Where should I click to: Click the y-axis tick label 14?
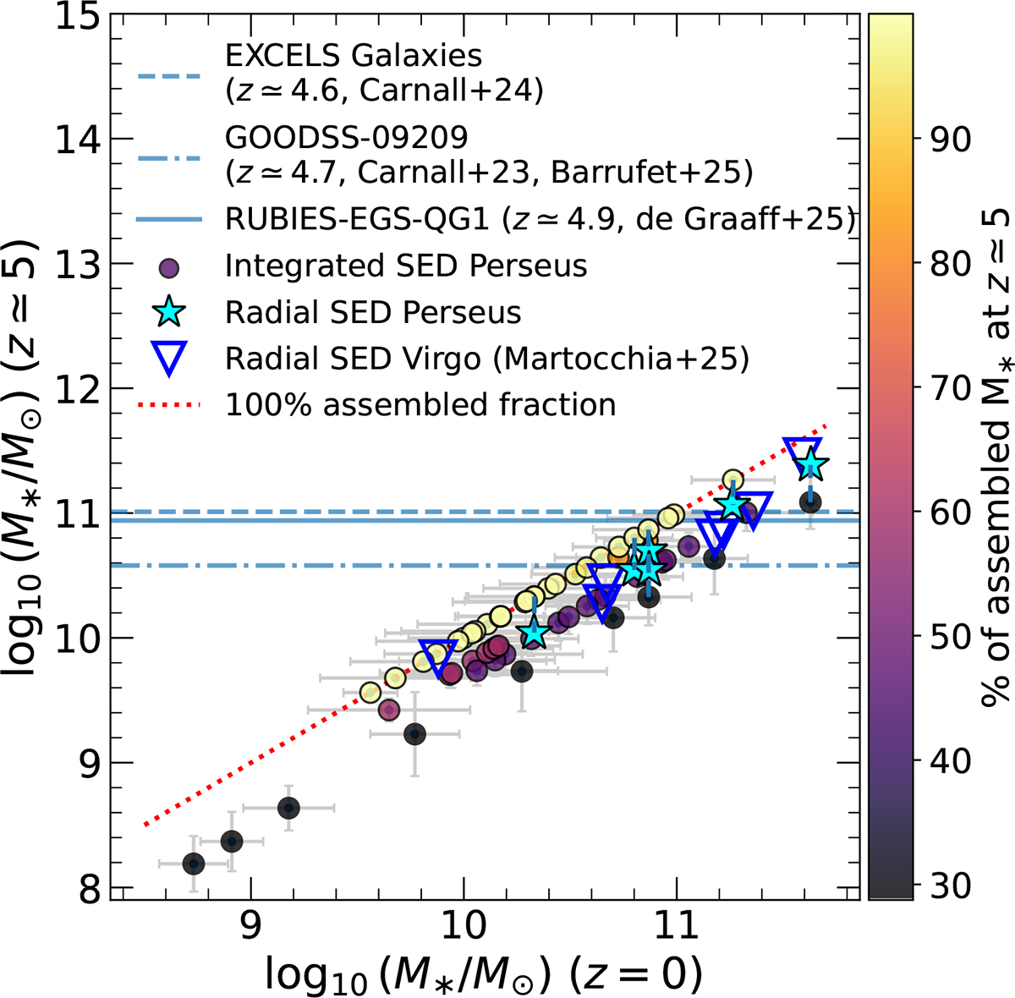click(x=75, y=139)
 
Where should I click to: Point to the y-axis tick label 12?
click(x=75, y=388)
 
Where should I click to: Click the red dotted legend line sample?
click(x=169, y=405)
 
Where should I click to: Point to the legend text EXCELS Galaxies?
click(x=354, y=56)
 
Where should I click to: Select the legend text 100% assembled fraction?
click(x=420, y=405)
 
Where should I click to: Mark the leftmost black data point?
click(x=194, y=864)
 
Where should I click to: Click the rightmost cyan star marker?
click(x=810, y=463)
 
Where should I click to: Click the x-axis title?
click(x=484, y=973)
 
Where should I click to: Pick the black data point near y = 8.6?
click(x=288, y=808)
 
